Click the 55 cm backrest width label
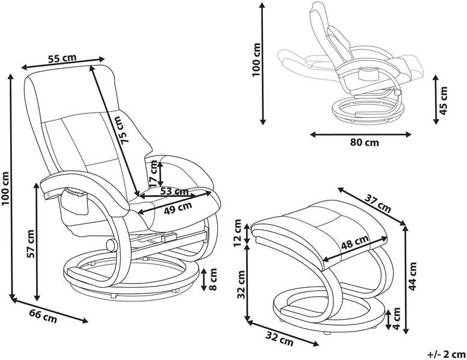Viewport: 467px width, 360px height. click(x=62, y=58)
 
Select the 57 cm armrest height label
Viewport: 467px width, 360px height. click(x=30, y=243)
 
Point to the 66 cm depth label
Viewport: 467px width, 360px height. click(x=43, y=316)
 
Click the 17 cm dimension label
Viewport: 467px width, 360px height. click(x=153, y=174)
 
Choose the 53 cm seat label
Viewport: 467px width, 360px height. click(x=174, y=191)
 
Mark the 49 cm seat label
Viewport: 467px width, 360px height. click(x=178, y=208)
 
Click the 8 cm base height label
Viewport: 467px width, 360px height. click(x=212, y=279)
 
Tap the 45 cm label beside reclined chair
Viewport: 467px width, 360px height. click(x=444, y=101)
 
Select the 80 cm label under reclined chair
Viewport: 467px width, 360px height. click(x=365, y=143)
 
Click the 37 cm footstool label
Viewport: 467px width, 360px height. click(x=379, y=204)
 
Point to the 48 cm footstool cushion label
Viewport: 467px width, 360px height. click(x=355, y=241)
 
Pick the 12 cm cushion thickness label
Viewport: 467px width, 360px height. click(x=237, y=233)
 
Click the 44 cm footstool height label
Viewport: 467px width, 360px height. click(x=412, y=276)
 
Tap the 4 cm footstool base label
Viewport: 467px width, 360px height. click(x=396, y=318)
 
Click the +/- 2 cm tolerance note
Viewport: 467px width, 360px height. click(x=446, y=355)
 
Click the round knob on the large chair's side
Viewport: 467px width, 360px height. click(x=112, y=246)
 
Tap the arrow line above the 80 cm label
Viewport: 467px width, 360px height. click(x=360, y=135)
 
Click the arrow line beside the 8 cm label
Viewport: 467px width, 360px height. click(x=204, y=279)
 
